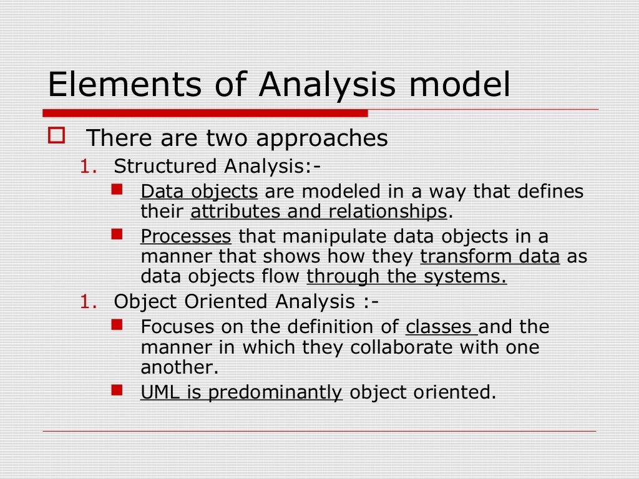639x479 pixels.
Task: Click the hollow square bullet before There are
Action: (56, 135)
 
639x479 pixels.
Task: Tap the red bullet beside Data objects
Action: (117, 188)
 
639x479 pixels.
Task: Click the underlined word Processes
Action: (186, 237)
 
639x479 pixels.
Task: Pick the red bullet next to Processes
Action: (117, 234)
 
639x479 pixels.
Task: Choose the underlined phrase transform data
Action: (490, 257)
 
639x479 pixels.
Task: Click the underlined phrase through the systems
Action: (406, 277)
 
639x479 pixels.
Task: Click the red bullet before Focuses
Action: (117, 324)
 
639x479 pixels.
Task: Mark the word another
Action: (179, 368)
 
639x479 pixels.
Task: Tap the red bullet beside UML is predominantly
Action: (117, 390)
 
